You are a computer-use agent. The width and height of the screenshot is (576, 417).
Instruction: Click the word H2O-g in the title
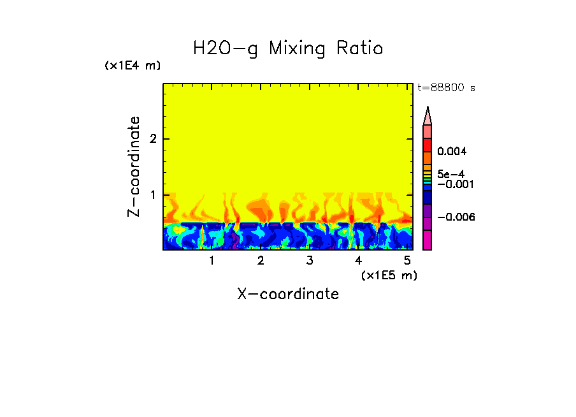(x=226, y=48)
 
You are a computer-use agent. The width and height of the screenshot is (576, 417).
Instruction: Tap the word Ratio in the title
(x=360, y=48)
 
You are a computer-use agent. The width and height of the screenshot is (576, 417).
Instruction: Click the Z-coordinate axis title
(x=134, y=166)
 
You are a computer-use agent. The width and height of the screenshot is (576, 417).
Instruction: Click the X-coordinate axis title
(x=288, y=294)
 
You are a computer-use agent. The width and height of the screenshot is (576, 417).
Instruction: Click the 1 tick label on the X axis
(x=212, y=260)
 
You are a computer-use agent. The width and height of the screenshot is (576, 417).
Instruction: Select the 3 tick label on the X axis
(x=310, y=260)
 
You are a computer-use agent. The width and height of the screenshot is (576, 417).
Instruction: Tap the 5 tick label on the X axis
(x=407, y=260)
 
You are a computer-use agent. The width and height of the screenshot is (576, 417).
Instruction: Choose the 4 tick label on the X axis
(x=358, y=260)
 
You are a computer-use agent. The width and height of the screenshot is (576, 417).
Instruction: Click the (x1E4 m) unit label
(x=133, y=66)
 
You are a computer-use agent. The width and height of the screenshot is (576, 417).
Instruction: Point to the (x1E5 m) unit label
(x=389, y=275)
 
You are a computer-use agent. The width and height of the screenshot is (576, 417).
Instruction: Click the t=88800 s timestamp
(x=446, y=88)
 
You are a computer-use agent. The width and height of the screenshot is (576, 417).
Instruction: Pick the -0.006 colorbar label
(x=456, y=217)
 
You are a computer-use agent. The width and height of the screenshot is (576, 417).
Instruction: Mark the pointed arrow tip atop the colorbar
(x=428, y=113)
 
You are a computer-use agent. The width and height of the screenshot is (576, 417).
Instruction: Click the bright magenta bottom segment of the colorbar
(x=428, y=240)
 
